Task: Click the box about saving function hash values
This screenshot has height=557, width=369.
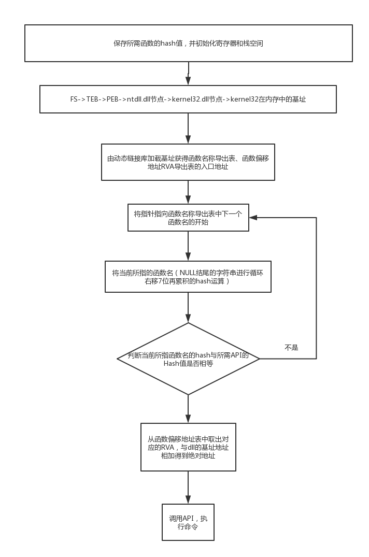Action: coord(189,44)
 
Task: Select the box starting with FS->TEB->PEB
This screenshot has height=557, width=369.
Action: coord(189,99)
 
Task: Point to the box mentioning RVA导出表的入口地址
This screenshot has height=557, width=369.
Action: coord(188,162)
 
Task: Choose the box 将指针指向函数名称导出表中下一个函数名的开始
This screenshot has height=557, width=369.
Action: coord(189,218)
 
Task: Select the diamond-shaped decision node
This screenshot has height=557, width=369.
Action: coord(188,358)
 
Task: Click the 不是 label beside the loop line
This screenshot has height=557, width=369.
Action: coord(291,348)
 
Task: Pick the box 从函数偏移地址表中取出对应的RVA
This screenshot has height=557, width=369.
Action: coord(188,447)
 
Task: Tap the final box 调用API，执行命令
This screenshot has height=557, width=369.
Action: coord(188,522)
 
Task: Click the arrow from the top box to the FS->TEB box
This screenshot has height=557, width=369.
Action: coord(188,74)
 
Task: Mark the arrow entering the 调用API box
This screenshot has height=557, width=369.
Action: coord(188,487)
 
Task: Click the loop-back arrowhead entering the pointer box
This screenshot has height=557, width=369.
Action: coord(253,218)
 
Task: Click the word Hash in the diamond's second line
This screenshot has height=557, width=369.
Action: coord(171,364)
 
